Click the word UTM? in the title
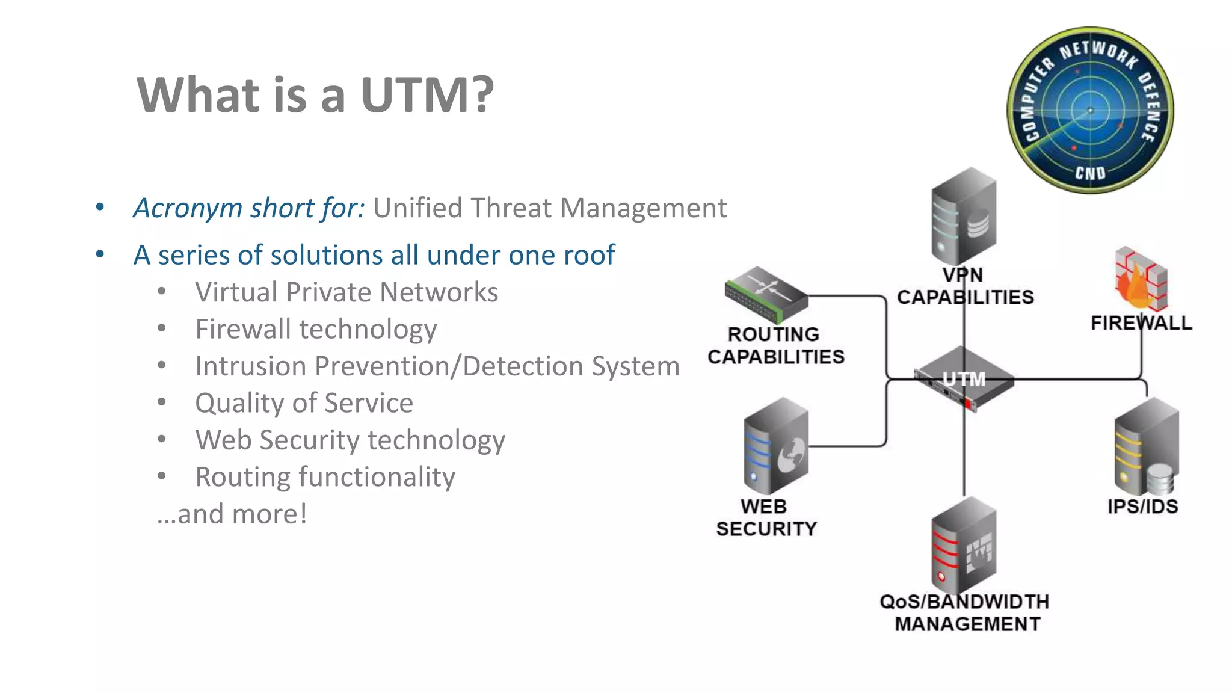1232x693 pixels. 427,95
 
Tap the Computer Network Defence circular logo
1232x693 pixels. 1090,110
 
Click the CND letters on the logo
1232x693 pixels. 1090,173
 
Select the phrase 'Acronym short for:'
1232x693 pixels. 249,208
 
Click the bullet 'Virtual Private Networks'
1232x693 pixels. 346,292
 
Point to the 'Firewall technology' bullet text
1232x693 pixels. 316,330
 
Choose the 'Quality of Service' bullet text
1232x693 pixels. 304,403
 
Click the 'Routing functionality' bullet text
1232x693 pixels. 325,477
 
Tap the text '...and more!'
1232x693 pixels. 232,514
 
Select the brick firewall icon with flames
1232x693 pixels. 1141,279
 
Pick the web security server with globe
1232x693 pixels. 775,447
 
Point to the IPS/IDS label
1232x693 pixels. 1142,507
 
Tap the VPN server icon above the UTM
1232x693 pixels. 963,217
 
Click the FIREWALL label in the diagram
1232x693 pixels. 1141,323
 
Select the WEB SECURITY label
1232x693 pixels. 766,517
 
